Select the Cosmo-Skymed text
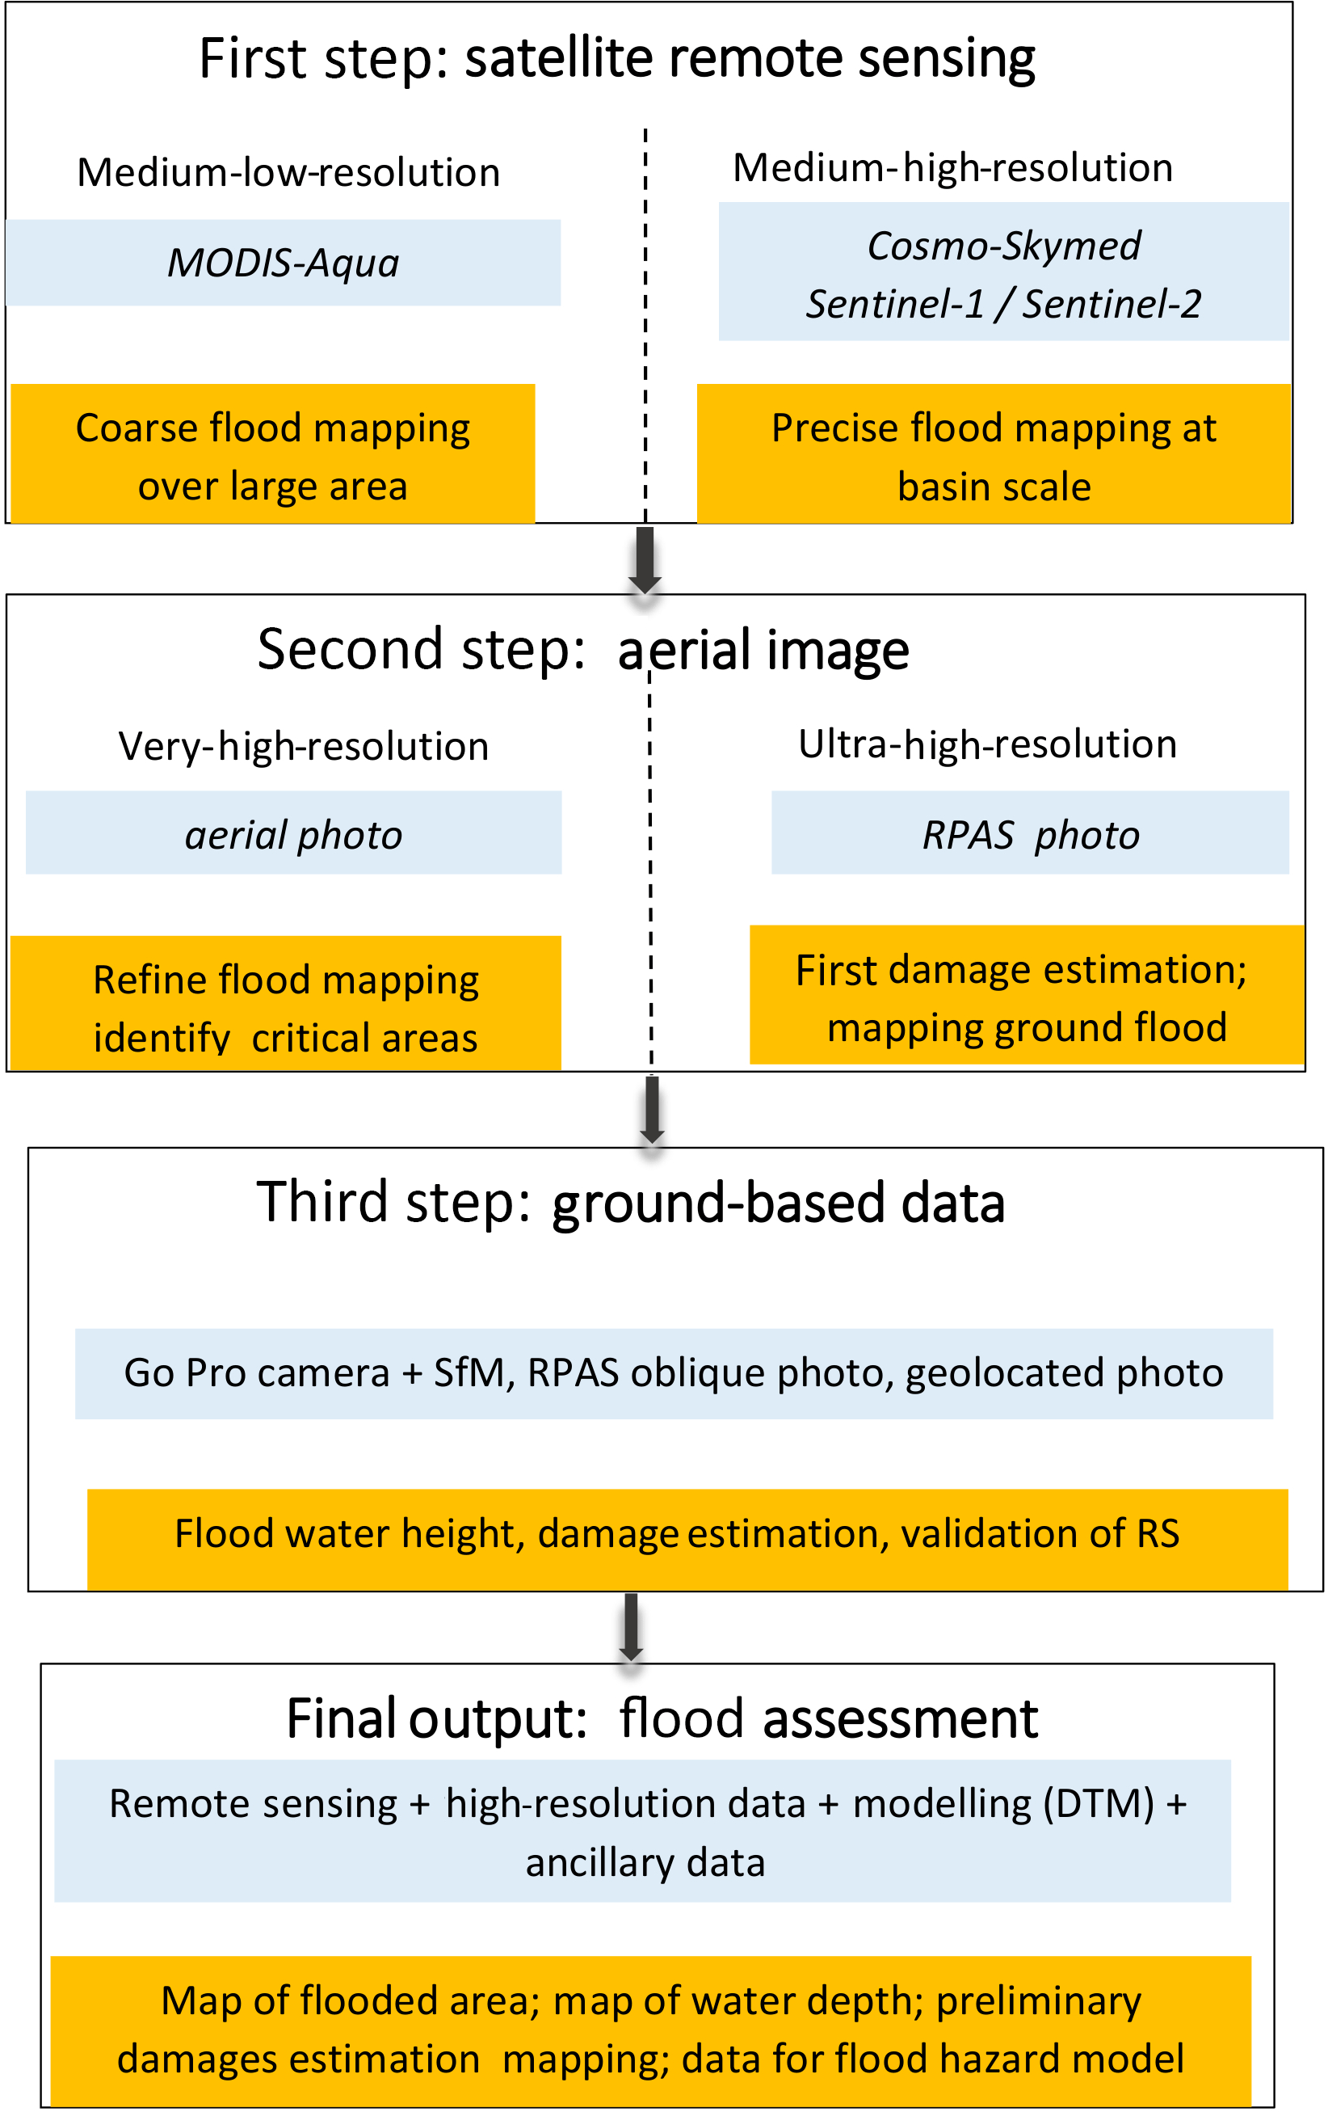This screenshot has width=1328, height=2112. pos(1003,246)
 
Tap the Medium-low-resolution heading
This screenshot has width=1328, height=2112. pos(288,173)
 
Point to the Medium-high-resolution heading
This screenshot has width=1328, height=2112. pos(952,167)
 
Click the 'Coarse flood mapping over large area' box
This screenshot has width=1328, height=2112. pos(272,454)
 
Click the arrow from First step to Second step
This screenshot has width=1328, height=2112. pos(645,559)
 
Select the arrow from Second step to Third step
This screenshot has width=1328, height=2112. pos(651,1110)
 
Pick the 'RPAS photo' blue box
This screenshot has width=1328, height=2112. pos(1030,834)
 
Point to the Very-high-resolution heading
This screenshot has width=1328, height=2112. pos(303,746)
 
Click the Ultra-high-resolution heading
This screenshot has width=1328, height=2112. pos(987,744)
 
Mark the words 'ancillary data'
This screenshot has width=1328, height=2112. pos(645,1863)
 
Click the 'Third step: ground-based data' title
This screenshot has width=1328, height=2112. pos(630,1203)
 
